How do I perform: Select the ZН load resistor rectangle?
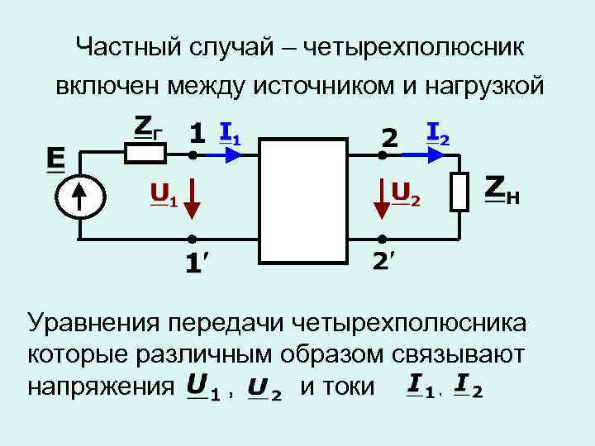pyautogui.click(x=460, y=192)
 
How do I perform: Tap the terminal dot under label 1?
pyautogui.click(x=192, y=154)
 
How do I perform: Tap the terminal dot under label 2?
pyautogui.click(x=383, y=154)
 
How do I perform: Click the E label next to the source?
pyautogui.click(x=56, y=159)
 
